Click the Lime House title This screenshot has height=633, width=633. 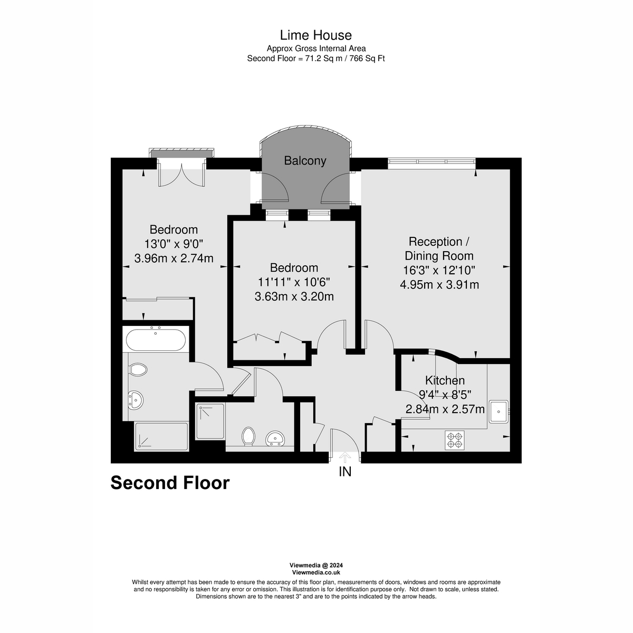click(315, 35)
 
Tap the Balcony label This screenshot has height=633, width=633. click(305, 161)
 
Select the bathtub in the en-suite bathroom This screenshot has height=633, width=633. click(156, 339)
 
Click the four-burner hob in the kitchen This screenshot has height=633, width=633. click(455, 440)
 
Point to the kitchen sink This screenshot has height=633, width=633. click(498, 411)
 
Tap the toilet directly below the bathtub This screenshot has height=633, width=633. click(138, 370)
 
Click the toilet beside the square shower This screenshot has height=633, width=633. click(248, 436)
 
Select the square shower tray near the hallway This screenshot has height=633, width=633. click(210, 421)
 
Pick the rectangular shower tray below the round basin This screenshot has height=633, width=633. click(161, 436)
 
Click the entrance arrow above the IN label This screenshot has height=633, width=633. click(345, 457)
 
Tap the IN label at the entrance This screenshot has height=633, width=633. click(345, 472)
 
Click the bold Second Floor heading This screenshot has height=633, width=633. click(170, 483)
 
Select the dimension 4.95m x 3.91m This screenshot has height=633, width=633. click(439, 285)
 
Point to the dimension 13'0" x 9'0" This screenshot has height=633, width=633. click(174, 244)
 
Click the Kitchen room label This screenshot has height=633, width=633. click(445, 380)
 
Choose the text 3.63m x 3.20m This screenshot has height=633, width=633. click(294, 296)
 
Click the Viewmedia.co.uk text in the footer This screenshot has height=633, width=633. click(316, 572)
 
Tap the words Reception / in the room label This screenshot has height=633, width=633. click(439, 242)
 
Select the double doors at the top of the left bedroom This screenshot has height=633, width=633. click(181, 175)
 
